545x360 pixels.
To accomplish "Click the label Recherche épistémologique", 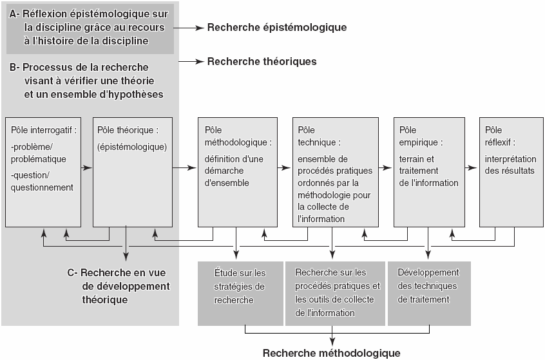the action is tap(277, 28).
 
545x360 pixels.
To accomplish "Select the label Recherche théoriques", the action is tap(262, 62).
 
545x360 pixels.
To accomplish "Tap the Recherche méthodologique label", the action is tap(332, 353).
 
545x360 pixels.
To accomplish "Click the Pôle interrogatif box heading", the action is tap(44, 130).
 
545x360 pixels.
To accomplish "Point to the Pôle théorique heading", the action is tap(128, 130).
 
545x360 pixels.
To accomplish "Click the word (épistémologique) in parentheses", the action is tap(132, 147).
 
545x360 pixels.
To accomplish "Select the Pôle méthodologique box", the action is tap(238, 173).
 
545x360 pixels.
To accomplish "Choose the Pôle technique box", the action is tap(336, 173).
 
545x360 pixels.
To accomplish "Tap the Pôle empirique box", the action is tap(429, 173).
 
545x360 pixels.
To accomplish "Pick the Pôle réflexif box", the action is tap(512, 173).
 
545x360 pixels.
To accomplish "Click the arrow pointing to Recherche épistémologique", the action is tap(189, 28).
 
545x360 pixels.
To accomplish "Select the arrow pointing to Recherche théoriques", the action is tap(191, 62).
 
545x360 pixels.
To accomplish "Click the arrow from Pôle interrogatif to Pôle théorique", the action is tap(86, 168).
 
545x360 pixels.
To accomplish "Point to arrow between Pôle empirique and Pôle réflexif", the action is tap(471, 168).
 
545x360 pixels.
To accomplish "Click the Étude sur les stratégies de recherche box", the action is tap(240, 294).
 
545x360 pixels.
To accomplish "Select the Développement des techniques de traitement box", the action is tap(429, 294).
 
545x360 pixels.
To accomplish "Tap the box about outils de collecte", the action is tap(335, 294).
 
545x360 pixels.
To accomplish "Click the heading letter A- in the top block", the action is tap(15, 14).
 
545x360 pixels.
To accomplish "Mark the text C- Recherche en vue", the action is tap(117, 273).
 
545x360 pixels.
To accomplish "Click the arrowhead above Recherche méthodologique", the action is tap(332, 341).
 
